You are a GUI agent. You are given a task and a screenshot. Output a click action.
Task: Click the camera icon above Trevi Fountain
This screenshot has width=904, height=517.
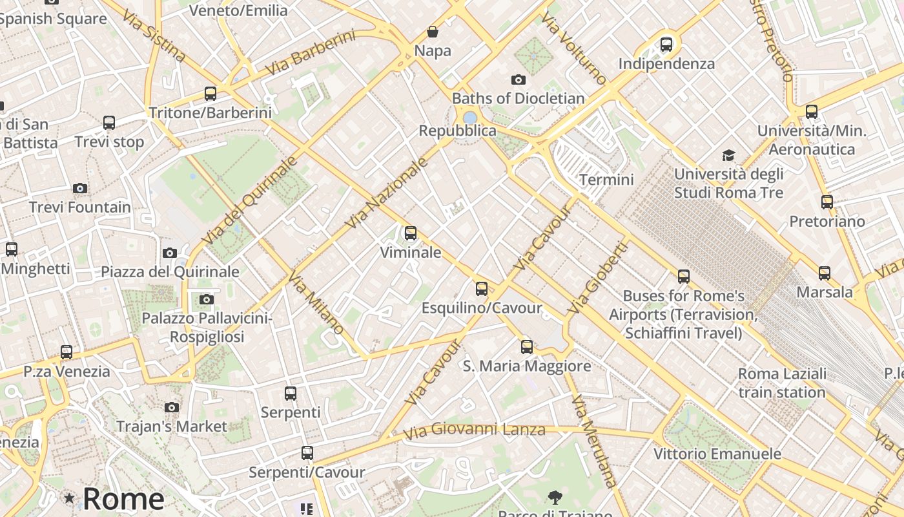[80, 189]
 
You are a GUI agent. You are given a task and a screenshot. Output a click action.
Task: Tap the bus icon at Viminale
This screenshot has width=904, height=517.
[411, 233]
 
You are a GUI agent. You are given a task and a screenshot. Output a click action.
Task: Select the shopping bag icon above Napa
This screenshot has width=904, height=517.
[433, 32]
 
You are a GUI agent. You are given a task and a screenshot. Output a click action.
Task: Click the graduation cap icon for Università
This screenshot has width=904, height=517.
[728, 155]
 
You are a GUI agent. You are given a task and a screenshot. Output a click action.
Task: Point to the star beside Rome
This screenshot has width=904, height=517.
[69, 498]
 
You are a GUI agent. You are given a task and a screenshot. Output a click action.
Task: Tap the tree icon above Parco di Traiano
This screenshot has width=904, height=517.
[554, 497]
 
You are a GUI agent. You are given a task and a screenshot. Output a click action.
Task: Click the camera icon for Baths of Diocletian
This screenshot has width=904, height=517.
[518, 80]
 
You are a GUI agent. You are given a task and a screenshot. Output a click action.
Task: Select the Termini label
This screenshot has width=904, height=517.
[606, 179]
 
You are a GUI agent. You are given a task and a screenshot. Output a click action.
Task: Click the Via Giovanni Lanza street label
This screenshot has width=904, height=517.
[475, 429]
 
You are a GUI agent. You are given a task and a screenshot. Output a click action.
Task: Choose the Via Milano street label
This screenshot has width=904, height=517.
[316, 302]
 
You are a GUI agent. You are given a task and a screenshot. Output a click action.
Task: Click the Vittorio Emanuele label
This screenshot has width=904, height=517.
[717, 454]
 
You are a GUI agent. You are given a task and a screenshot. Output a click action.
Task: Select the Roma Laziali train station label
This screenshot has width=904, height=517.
[782, 383]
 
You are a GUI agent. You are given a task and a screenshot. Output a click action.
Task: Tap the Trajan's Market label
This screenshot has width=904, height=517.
[171, 427]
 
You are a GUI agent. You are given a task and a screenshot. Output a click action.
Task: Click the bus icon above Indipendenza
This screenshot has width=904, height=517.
[666, 45]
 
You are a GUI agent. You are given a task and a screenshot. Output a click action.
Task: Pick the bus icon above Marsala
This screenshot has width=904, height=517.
[825, 273]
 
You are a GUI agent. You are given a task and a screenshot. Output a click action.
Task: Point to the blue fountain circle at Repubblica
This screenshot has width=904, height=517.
[470, 118]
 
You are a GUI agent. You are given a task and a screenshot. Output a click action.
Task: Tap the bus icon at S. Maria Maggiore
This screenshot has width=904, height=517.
[527, 347]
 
